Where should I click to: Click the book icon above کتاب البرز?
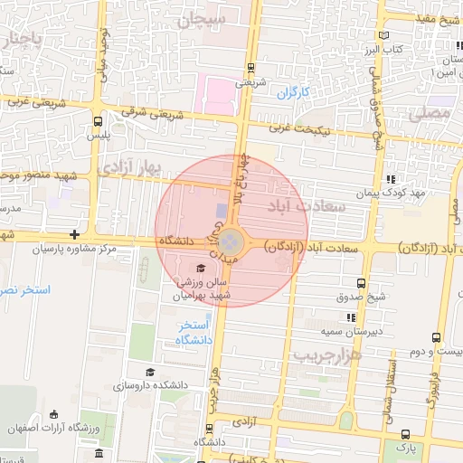(x=387, y=34)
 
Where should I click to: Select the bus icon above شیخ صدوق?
(x=362, y=283)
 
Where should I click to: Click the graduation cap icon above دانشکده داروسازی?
(x=150, y=371)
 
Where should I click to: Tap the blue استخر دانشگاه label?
(x=194, y=332)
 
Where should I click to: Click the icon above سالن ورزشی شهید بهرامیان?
(x=200, y=268)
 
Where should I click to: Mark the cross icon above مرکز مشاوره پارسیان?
(x=74, y=235)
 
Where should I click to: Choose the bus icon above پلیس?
(x=98, y=119)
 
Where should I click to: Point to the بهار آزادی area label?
(x=128, y=168)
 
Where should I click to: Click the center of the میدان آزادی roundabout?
(x=231, y=241)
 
